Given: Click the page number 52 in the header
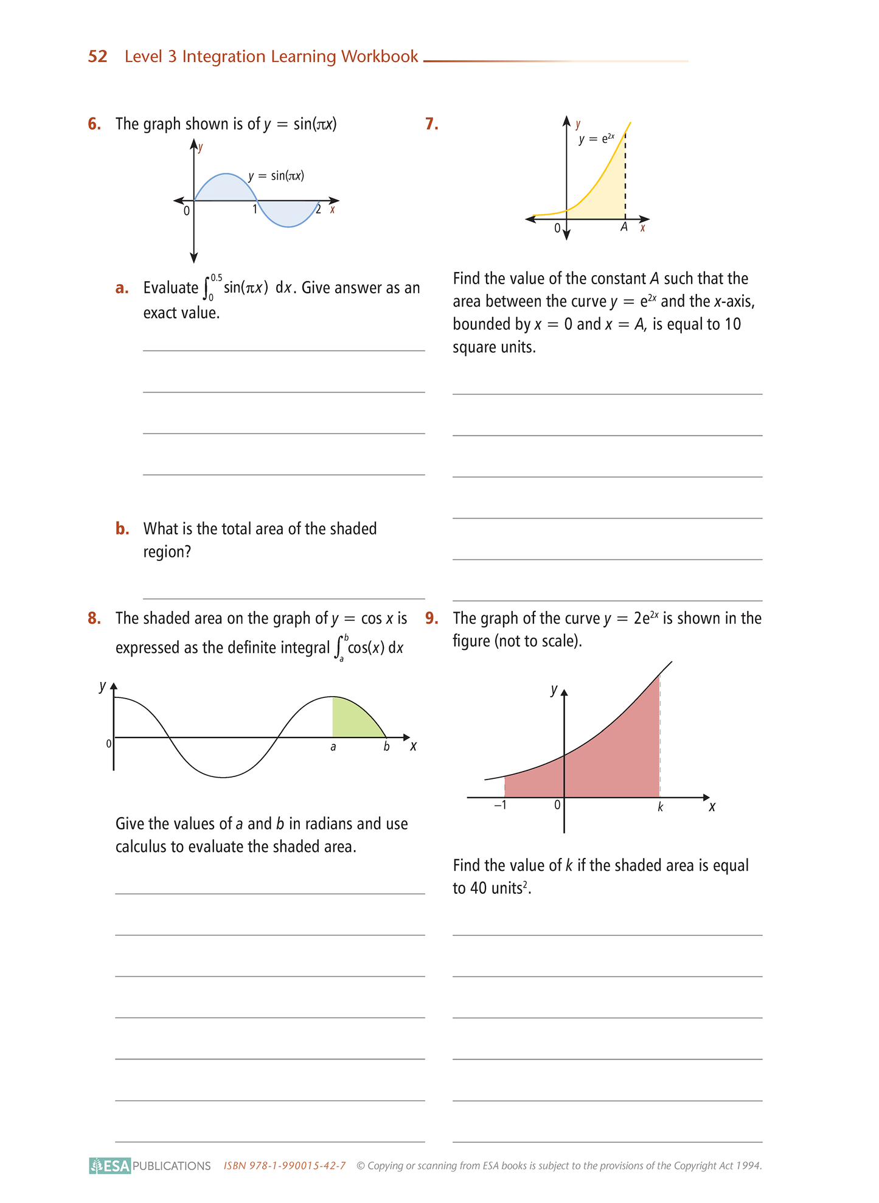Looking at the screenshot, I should pos(97,57).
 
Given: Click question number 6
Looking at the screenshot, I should pos(94,124).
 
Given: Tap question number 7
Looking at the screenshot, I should pos(432,124).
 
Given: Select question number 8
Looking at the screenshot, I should pos(94,618).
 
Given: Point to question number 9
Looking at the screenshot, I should pos(432,618).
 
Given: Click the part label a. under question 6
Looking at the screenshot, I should pos(122,288).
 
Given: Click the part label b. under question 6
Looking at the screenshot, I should pos(122,529).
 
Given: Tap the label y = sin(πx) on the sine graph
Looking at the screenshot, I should pos(276,176).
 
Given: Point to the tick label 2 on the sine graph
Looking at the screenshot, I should pos(318,210).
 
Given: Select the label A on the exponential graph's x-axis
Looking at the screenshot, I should pos(624,228).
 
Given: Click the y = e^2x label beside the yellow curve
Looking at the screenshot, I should pos(597,139).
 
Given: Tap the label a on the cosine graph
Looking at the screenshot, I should pos(333,747).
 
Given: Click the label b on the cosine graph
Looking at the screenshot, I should pos(386,747).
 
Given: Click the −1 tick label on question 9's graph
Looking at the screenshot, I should pos(500,805).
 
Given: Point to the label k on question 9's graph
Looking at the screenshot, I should pos(660,807).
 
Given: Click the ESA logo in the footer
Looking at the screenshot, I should pos(110,1165).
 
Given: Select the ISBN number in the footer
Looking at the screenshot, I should pos(285,1165).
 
